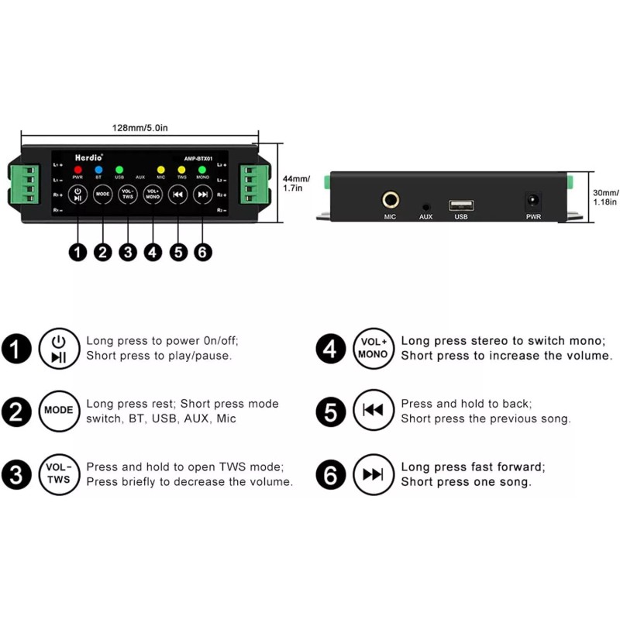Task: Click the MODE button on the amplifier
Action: point(103,194)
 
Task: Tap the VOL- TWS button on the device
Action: point(128,194)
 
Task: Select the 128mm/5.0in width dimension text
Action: point(140,129)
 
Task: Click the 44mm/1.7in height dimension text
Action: point(296,183)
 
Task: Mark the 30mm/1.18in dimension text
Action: point(604,197)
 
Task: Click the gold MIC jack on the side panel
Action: point(390,200)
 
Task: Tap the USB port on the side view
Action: point(461,205)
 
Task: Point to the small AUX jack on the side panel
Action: point(425,207)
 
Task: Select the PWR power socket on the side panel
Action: point(534,201)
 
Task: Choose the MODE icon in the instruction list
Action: point(59,411)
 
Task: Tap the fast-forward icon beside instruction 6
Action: point(374,474)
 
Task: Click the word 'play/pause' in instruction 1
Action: point(201,356)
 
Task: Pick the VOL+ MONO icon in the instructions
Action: point(374,348)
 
